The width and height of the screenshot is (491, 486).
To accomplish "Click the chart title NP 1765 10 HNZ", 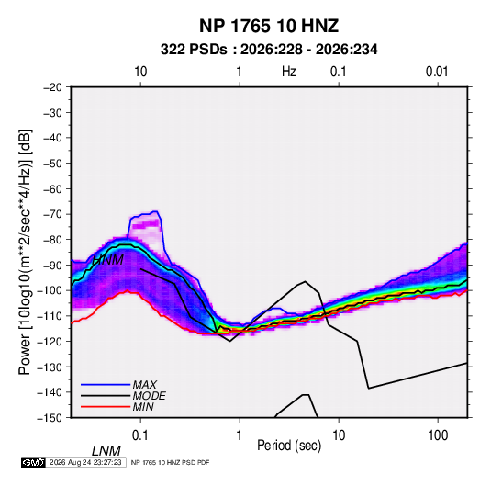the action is (269, 26).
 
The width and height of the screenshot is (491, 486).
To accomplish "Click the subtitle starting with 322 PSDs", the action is (269, 50).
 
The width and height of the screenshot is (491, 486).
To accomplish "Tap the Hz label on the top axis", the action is (289, 72).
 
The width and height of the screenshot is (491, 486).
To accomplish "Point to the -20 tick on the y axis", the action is (52, 87).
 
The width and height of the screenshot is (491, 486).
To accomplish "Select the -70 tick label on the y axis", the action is (52, 214).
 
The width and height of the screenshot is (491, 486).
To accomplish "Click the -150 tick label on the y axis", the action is (50, 418).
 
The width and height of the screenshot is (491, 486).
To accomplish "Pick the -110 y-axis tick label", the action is (50, 316).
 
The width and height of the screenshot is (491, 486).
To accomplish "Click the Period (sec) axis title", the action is (289, 446).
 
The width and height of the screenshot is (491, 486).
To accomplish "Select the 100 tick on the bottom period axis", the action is (438, 435).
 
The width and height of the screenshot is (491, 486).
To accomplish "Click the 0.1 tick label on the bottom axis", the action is (140, 435).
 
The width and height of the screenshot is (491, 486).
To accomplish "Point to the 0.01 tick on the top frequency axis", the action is (437, 72).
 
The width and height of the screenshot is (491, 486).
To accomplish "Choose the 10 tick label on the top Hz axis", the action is (140, 72).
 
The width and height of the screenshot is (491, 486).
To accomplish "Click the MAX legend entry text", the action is (144, 385).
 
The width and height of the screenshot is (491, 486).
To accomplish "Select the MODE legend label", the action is (149, 396).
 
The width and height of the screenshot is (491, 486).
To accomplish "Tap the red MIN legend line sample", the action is (106, 407).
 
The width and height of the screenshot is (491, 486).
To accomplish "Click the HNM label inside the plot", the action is (107, 260).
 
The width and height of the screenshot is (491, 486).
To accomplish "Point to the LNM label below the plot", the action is (106, 451).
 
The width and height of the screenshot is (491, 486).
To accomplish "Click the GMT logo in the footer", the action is (33, 462).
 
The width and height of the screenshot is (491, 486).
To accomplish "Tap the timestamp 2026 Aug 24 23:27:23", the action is (85, 462).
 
